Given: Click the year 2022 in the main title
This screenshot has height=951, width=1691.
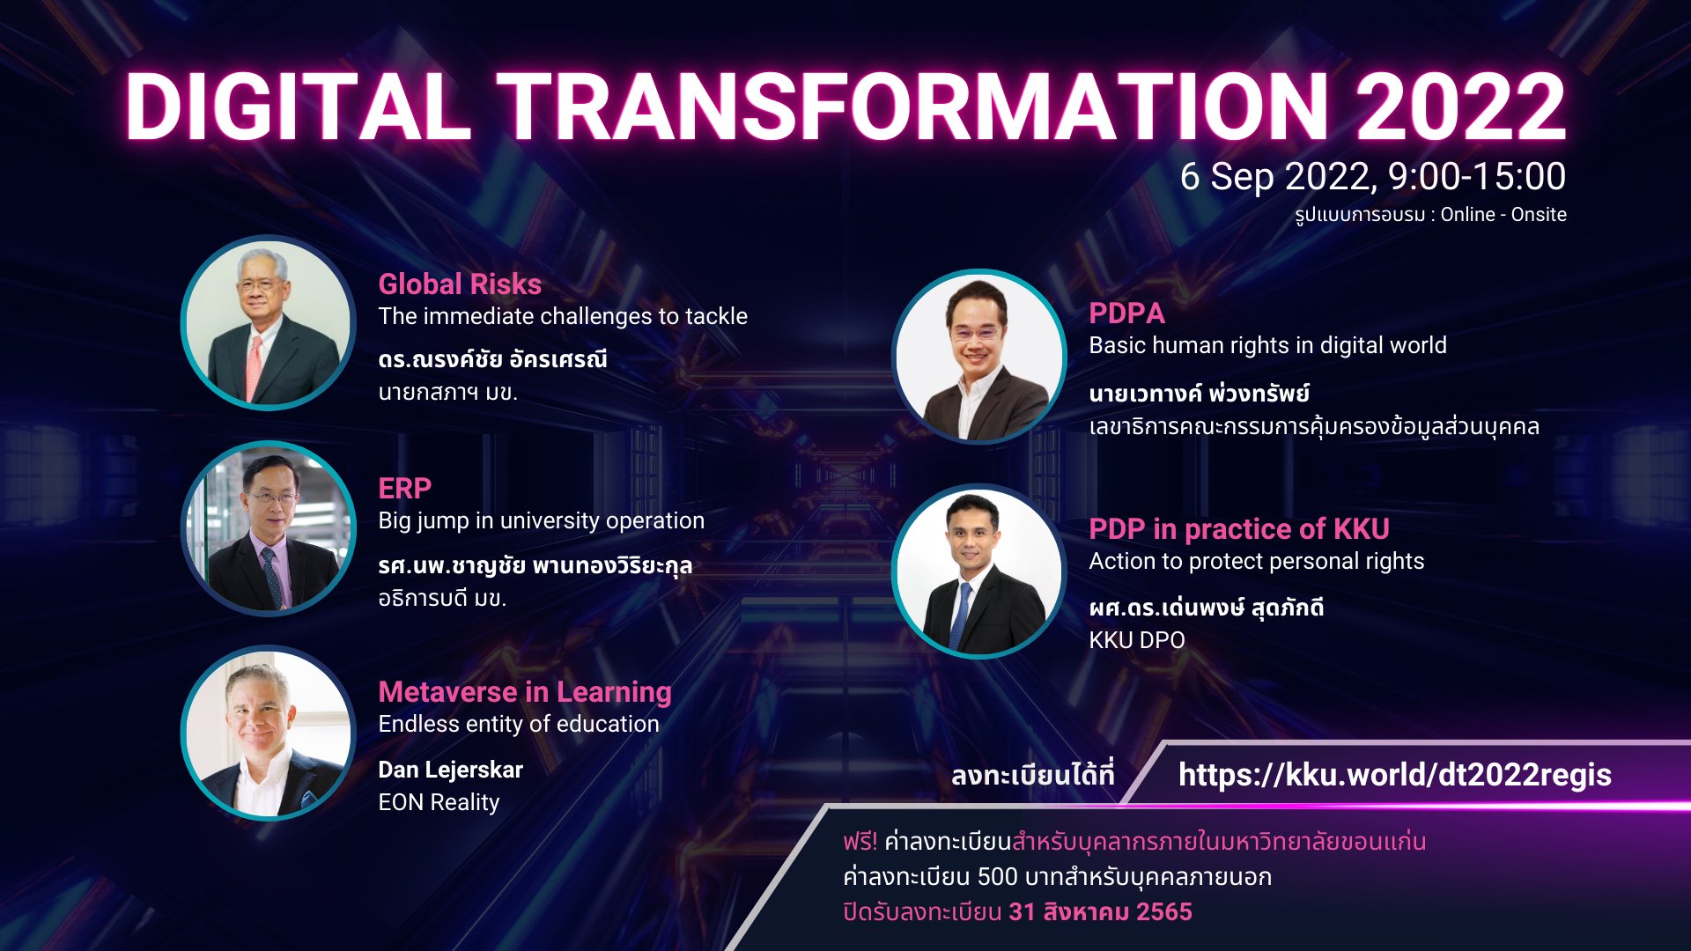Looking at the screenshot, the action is coord(1461,107).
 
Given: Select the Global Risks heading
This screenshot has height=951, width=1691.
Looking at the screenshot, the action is coord(460,284).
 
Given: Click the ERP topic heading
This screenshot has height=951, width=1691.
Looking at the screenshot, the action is coord(404,489).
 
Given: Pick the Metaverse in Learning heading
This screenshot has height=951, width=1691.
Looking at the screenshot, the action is coord(525,692).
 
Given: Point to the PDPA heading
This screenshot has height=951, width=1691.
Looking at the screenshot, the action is coord(1126,313).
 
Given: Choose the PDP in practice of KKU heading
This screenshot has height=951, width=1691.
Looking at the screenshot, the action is coord(1239,529).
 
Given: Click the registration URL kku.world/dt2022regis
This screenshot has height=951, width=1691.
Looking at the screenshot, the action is coord(1395,775).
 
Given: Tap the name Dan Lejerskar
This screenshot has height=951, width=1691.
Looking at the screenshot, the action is coord(450,770).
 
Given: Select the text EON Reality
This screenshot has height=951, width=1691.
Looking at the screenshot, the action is coord(439,802).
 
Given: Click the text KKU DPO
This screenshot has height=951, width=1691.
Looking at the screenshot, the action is coord(1137,640).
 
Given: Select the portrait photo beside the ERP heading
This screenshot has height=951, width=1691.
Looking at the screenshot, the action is coord(269,528).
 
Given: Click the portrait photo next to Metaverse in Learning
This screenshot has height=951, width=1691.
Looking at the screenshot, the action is coord(269,734).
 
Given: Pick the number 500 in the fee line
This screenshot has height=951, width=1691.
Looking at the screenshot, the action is coord(998,877).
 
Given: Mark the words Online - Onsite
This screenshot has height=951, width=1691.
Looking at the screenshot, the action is coord(1503,215).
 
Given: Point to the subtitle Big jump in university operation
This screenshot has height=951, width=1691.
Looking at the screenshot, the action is coord(542,521).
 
